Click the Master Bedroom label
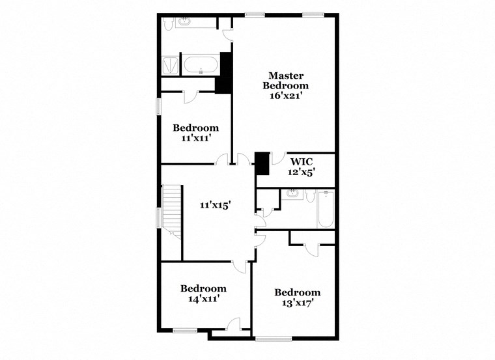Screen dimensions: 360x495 [286, 81]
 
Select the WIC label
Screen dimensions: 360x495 [301, 162]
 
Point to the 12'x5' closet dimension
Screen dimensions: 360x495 [301, 173]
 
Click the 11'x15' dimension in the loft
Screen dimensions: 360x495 [216, 205]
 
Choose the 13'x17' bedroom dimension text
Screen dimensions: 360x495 [297, 303]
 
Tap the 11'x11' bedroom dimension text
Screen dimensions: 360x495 [195, 138]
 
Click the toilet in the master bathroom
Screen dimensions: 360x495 [168, 23]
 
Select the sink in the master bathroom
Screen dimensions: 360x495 [186, 22]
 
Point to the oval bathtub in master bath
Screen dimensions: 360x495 [201, 64]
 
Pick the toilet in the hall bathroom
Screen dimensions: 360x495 [310, 195]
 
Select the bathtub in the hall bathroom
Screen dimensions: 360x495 [326, 209]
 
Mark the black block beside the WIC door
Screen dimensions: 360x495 [262, 163]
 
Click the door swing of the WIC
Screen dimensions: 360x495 [277, 158]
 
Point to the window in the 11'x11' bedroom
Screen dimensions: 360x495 [158, 107]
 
